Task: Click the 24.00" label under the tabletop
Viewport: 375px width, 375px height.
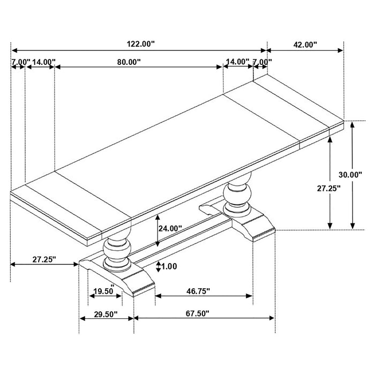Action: click(170, 228)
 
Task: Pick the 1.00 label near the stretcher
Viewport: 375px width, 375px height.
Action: click(169, 266)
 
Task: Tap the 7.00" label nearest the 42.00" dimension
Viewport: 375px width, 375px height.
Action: click(262, 62)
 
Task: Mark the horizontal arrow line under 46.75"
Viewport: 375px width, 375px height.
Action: click(204, 295)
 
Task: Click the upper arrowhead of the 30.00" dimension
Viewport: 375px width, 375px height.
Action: click(352, 124)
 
